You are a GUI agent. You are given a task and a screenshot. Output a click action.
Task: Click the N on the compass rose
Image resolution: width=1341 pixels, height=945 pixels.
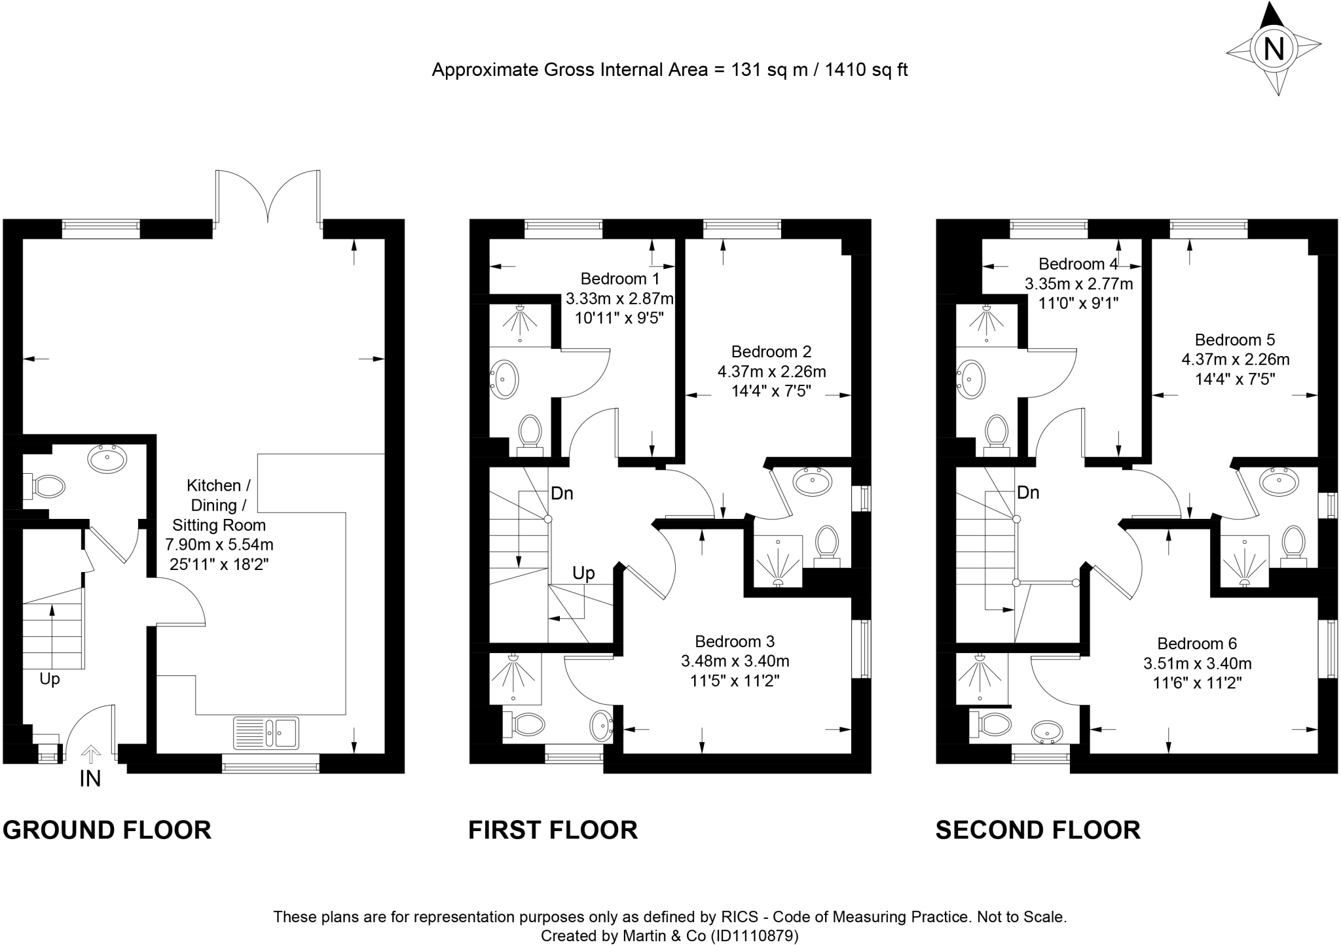(x=1274, y=49)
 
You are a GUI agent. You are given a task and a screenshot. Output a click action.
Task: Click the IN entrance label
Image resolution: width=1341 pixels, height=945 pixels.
(x=90, y=779)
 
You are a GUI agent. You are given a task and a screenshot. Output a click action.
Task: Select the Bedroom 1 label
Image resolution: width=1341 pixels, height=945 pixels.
(x=620, y=279)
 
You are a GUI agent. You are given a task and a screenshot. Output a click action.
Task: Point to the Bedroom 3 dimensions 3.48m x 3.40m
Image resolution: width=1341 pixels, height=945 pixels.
(x=735, y=661)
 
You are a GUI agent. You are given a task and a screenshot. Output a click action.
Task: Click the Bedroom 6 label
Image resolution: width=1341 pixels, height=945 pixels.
(x=1197, y=644)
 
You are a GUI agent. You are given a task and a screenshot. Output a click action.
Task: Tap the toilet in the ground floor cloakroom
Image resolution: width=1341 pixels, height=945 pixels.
(x=45, y=486)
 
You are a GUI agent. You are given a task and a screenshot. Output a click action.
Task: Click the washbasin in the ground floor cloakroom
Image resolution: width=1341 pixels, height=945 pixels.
(x=107, y=459)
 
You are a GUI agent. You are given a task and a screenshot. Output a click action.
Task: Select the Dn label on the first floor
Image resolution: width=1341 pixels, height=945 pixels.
(x=562, y=493)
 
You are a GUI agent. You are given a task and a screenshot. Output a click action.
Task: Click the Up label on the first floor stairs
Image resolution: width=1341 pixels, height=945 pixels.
(x=583, y=574)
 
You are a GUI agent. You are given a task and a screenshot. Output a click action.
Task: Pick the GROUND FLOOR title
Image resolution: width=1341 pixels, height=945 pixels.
(x=107, y=830)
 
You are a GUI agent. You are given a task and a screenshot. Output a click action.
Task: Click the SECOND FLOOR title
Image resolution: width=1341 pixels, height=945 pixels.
(x=1038, y=830)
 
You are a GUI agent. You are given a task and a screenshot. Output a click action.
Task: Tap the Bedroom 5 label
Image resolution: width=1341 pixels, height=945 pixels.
(x=1235, y=340)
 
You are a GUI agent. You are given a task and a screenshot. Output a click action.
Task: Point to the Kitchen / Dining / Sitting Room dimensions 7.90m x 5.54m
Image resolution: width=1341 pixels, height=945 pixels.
(x=219, y=544)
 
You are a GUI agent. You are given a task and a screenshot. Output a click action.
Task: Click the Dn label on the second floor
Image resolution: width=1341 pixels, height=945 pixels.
(x=1028, y=493)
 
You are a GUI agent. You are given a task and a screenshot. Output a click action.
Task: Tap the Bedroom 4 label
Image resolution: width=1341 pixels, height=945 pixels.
(x=1078, y=264)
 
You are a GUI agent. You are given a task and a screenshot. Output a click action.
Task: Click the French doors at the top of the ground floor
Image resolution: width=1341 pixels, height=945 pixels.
(x=268, y=196)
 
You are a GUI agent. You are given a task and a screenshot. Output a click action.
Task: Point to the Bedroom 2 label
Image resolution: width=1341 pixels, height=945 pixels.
(x=771, y=352)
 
